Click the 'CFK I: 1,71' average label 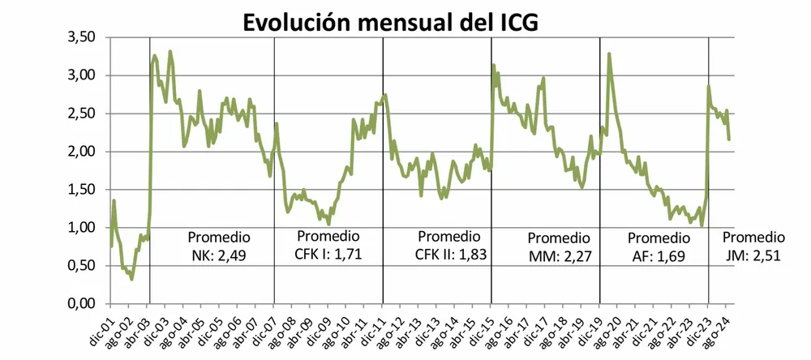(328, 255)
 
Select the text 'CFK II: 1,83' (448, 255)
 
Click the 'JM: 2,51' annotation (753, 257)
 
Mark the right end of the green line (729, 139)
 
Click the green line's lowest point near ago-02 (131, 280)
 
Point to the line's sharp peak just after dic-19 (608, 54)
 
